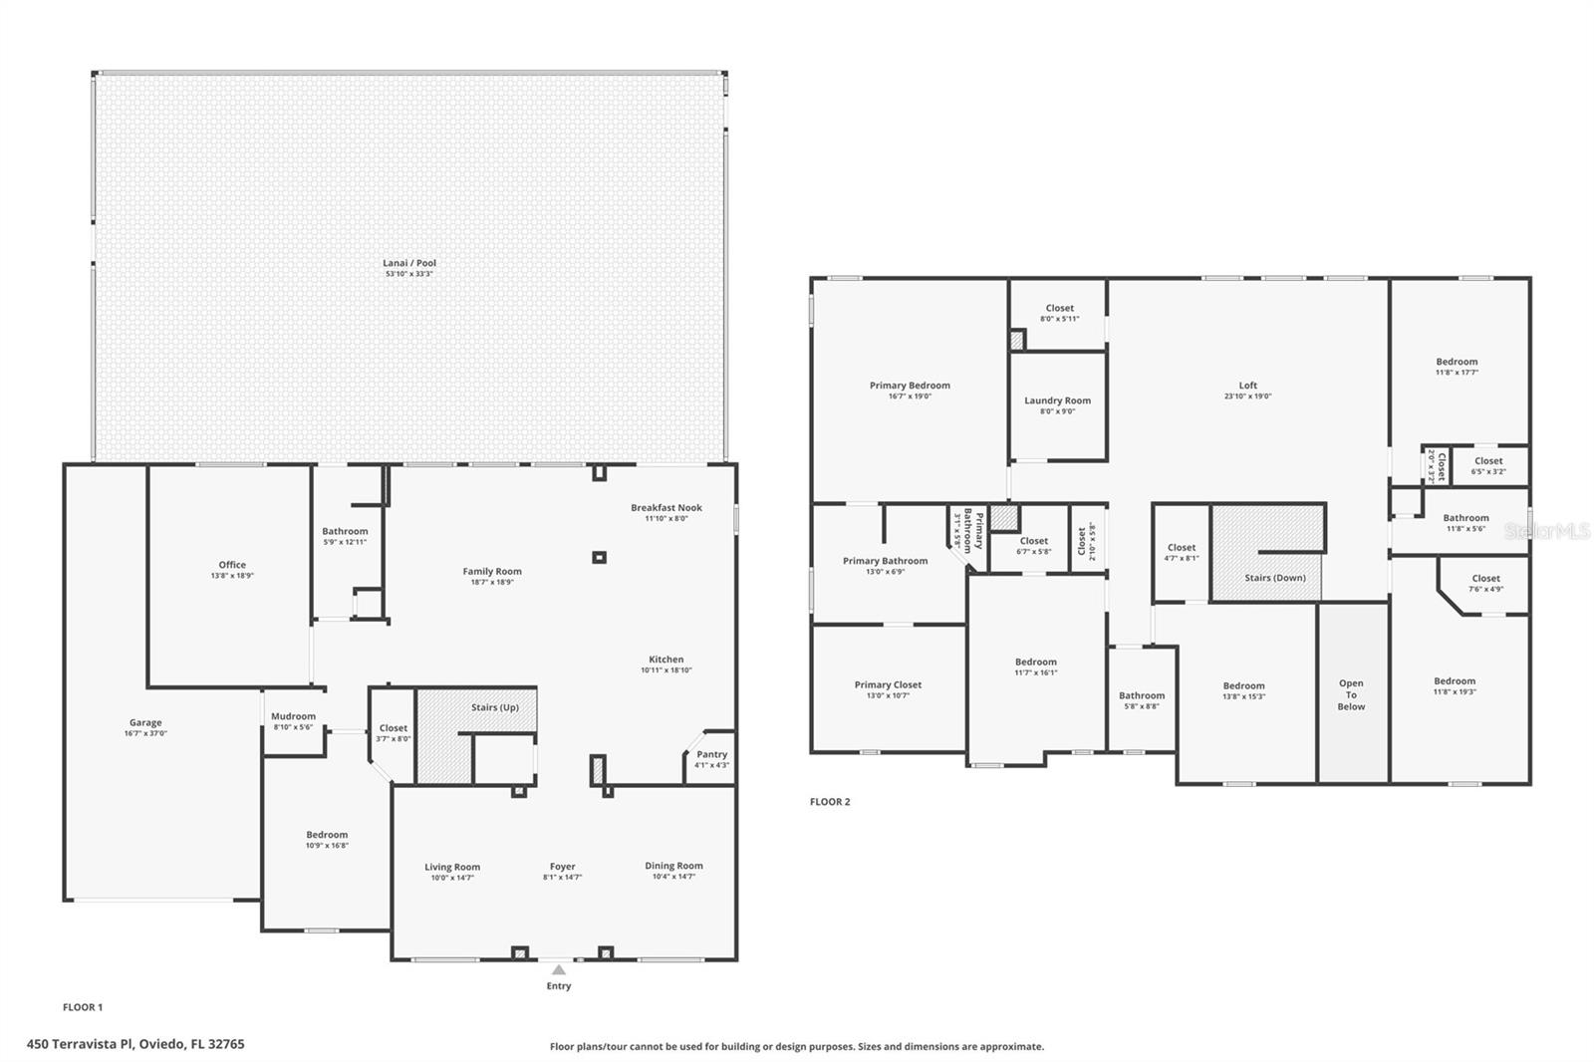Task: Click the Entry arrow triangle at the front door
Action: point(559,969)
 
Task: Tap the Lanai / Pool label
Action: point(409,263)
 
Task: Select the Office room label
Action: point(232,565)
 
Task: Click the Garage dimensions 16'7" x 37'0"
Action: point(145,734)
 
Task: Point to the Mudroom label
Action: point(294,716)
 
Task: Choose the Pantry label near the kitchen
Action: point(711,754)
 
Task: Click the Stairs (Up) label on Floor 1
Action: point(494,707)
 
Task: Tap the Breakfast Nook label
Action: point(665,508)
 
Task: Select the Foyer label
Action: point(562,867)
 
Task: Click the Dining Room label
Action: point(673,866)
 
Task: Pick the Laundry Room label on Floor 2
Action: point(1057,400)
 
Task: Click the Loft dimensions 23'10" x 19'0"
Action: point(1247,397)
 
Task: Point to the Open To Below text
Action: point(1351,695)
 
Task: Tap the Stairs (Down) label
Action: point(1274,578)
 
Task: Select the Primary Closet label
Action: point(888,684)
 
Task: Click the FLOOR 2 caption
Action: point(830,802)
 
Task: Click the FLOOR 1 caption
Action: point(83,1007)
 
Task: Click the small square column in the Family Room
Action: point(599,558)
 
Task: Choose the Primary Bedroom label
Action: point(910,386)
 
